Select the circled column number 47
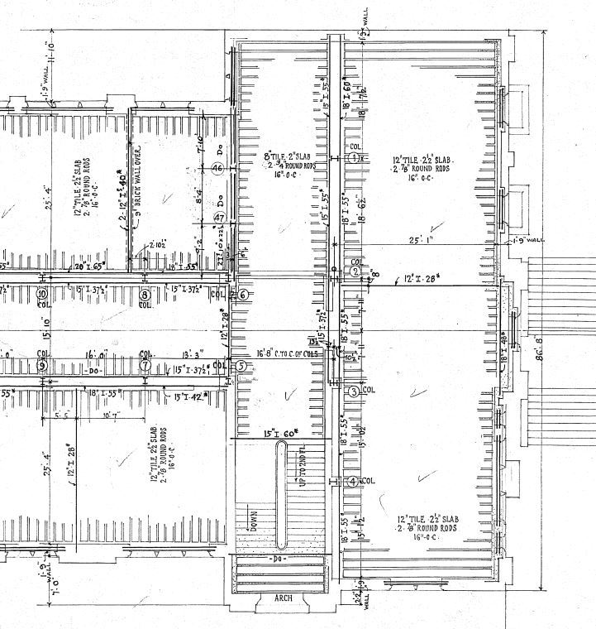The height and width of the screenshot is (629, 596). [220, 218]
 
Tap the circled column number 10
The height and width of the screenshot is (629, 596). [41, 294]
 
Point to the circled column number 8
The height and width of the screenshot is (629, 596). [145, 294]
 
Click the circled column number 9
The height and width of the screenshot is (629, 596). [41, 365]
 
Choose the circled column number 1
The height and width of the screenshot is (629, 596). [355, 157]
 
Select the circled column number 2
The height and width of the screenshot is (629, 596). [355, 271]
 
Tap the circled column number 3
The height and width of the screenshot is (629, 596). [354, 391]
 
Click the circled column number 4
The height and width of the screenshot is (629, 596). [354, 481]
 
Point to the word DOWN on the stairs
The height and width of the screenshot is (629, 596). [253, 522]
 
